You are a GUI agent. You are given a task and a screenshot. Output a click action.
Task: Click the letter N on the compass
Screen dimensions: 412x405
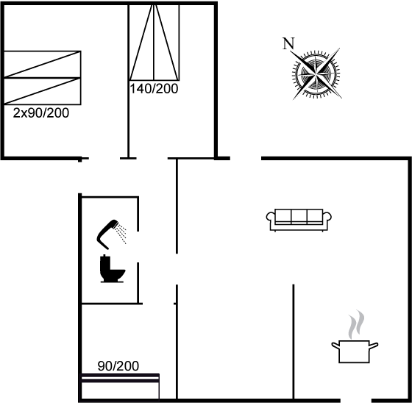(x=288, y=43)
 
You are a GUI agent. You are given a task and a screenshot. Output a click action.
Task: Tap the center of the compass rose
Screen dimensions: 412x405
(x=316, y=74)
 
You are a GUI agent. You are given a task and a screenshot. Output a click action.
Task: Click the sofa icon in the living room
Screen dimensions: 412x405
(x=299, y=220)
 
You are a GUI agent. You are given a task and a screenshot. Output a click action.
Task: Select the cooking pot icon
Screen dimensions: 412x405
(x=355, y=351)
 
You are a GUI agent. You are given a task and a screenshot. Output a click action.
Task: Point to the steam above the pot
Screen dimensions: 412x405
(x=356, y=324)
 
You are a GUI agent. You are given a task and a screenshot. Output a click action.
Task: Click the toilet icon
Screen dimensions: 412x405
(x=112, y=268)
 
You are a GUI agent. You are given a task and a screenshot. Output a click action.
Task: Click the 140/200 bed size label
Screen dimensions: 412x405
(x=154, y=89)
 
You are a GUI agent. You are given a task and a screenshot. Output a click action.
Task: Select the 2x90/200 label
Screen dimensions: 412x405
(x=41, y=113)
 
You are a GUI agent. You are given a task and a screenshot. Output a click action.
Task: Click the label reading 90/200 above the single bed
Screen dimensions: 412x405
(x=118, y=366)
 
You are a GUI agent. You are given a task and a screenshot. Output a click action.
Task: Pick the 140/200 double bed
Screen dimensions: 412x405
(x=154, y=42)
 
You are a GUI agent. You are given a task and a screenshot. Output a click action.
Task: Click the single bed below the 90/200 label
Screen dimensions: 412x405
(x=120, y=387)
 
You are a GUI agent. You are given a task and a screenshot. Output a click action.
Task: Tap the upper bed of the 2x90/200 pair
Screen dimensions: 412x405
(x=43, y=64)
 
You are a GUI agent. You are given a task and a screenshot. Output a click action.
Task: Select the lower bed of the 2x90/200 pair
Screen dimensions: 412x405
(x=43, y=91)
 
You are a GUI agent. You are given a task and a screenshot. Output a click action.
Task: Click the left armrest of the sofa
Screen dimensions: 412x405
(x=271, y=218)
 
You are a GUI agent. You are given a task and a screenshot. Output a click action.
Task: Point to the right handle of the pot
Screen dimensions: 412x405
(x=374, y=345)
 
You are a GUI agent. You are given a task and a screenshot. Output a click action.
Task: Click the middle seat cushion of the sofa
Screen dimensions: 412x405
(x=299, y=217)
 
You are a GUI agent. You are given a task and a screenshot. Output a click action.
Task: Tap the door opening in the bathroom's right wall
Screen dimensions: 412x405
(x=138, y=247)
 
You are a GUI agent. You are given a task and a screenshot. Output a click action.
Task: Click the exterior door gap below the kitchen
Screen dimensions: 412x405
(x=356, y=401)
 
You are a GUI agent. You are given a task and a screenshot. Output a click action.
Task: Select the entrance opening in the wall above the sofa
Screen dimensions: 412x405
(x=246, y=158)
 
